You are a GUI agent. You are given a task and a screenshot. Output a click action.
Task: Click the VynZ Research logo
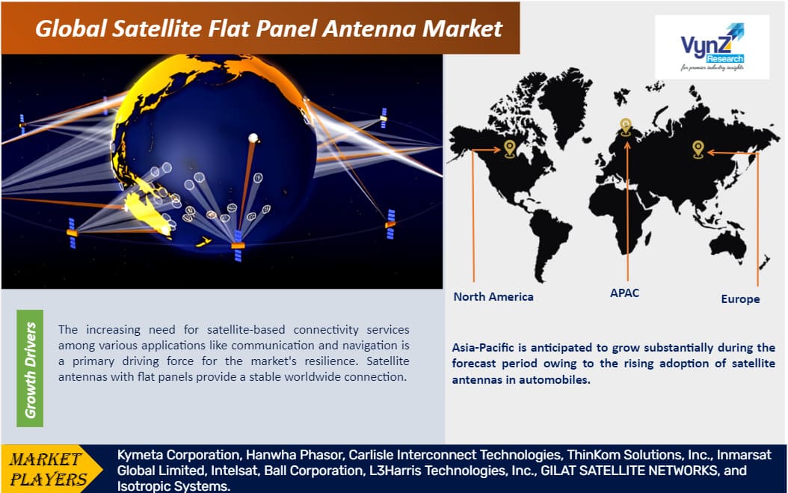click(x=712, y=47)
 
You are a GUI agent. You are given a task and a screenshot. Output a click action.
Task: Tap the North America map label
click(x=493, y=297)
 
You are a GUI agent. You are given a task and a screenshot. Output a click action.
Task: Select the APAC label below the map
click(x=625, y=293)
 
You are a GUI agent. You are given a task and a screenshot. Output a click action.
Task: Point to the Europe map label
click(x=740, y=299)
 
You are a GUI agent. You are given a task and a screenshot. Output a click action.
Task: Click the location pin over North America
click(x=510, y=149)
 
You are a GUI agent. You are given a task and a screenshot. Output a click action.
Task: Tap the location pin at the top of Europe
click(x=625, y=126)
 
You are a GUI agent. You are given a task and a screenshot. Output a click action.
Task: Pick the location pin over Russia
click(x=698, y=150)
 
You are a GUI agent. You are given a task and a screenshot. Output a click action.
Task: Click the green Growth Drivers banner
click(x=30, y=368)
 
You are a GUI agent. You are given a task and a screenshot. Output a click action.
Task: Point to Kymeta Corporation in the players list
click(x=179, y=455)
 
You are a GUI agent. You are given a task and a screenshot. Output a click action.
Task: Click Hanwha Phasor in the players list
click(x=294, y=455)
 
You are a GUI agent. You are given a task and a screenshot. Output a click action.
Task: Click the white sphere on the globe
click(x=253, y=138)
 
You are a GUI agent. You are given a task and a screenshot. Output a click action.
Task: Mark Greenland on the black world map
click(x=564, y=100)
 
